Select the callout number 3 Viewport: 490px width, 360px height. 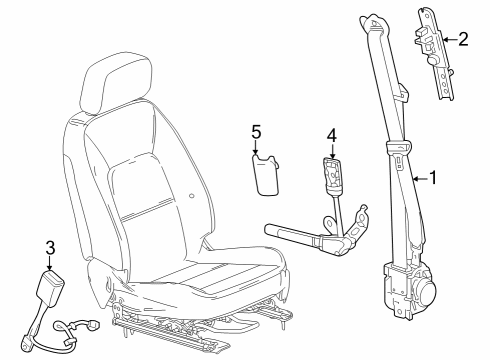(49, 246)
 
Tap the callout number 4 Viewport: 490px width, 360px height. (333, 134)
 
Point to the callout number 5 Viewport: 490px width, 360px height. (256, 131)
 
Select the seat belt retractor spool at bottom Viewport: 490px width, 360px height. (424, 291)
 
